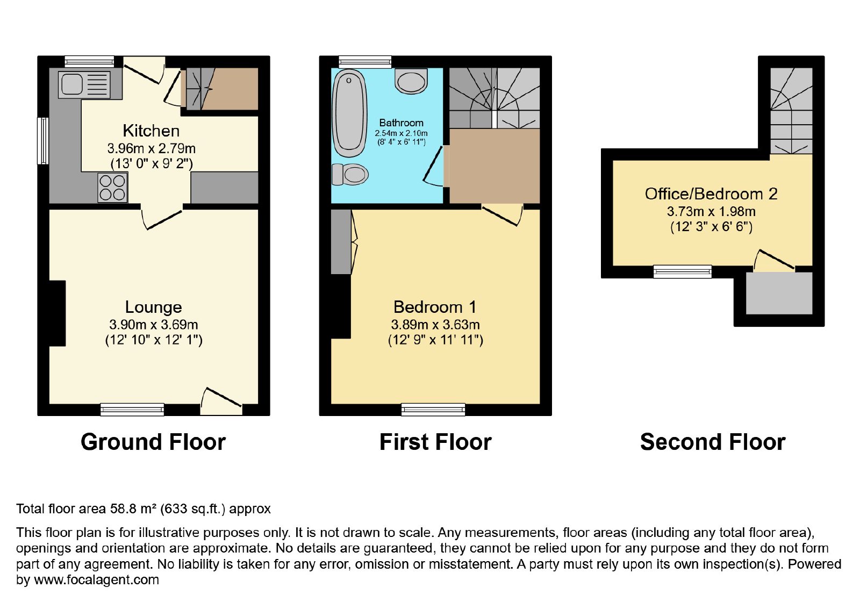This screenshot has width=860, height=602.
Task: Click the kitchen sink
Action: point(84,84)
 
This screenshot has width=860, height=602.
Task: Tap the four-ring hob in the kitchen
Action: point(112,188)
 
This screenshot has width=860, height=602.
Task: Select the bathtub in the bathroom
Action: point(349,113)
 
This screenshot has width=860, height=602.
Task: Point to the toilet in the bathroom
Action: point(350,175)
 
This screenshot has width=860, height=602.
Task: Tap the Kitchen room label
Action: point(151,131)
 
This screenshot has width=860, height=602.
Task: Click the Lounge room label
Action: point(154,307)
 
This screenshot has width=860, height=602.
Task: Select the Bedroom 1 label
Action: point(435,307)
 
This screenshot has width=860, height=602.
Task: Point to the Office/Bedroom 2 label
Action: point(711,194)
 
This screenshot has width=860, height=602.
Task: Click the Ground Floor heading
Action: point(153,442)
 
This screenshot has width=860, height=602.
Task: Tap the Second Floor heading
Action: point(713,442)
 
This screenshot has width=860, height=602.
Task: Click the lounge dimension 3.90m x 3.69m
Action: point(154,325)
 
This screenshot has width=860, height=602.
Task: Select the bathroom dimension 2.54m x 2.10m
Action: point(401,134)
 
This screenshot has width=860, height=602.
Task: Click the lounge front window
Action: point(132,409)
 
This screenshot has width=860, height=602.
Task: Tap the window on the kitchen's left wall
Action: point(42,140)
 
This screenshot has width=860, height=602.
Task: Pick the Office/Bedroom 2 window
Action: point(683,271)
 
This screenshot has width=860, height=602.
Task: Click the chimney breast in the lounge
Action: point(57,313)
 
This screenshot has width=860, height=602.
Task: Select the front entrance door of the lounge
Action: point(221,402)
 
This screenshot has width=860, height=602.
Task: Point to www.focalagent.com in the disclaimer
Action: point(96,579)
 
